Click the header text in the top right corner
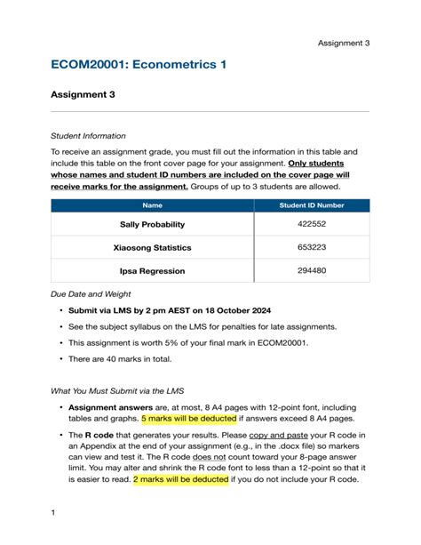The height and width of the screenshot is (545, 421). tap(344, 43)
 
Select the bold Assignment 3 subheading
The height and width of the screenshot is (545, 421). tap(83, 94)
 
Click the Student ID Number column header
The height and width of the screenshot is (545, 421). tap(312, 205)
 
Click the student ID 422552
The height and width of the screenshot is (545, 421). tap(312, 225)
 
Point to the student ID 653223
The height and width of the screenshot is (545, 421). tap(312, 248)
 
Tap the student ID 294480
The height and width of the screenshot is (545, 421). tap(312, 271)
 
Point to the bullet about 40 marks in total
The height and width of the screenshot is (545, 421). tap(123, 358)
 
